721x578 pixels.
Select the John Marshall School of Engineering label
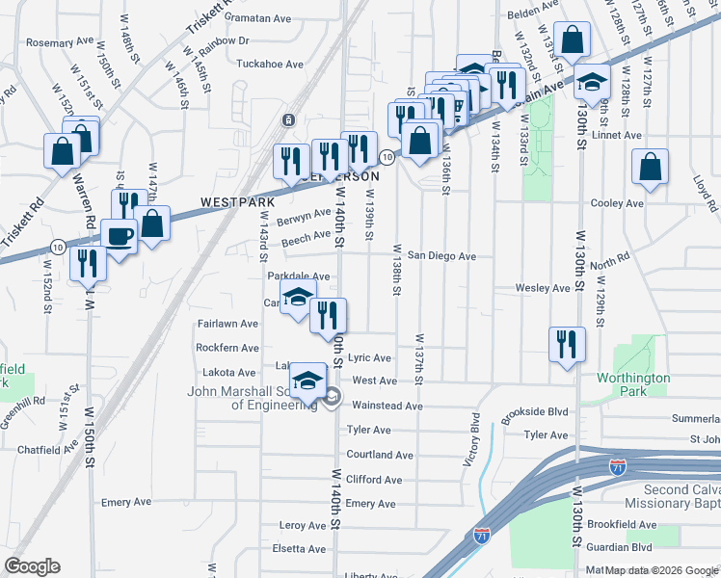click(x=253, y=397)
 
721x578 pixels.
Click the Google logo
click(x=32, y=566)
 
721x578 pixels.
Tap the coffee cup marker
click(x=120, y=236)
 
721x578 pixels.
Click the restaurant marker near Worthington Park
click(x=566, y=344)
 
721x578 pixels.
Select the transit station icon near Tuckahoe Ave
click(x=287, y=120)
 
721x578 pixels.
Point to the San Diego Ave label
click(x=441, y=256)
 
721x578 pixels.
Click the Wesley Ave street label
click(x=543, y=288)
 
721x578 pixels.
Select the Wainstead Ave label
click(x=387, y=406)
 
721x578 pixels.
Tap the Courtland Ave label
click(x=380, y=455)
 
